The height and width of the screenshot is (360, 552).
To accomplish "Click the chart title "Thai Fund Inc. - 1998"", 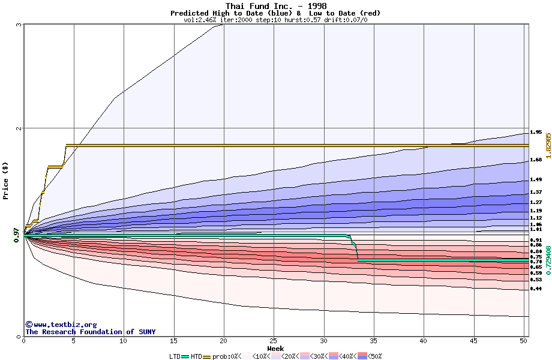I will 275,6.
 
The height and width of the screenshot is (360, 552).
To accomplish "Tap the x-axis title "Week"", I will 275,349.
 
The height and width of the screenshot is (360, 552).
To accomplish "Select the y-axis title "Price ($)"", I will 5,180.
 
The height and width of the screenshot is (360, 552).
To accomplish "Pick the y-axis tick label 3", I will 19,25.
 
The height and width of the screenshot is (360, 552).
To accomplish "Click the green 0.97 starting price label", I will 16,236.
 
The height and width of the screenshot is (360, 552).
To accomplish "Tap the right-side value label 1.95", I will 536,132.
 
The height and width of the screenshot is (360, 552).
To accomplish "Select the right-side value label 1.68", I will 536,160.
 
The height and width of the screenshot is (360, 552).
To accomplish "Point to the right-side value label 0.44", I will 536,289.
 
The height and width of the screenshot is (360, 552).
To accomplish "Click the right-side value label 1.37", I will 536,192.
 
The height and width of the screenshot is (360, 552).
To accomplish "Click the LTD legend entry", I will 175,356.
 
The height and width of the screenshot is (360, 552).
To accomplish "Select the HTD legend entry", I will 196,356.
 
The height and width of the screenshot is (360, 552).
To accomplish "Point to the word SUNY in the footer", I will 146,332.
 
